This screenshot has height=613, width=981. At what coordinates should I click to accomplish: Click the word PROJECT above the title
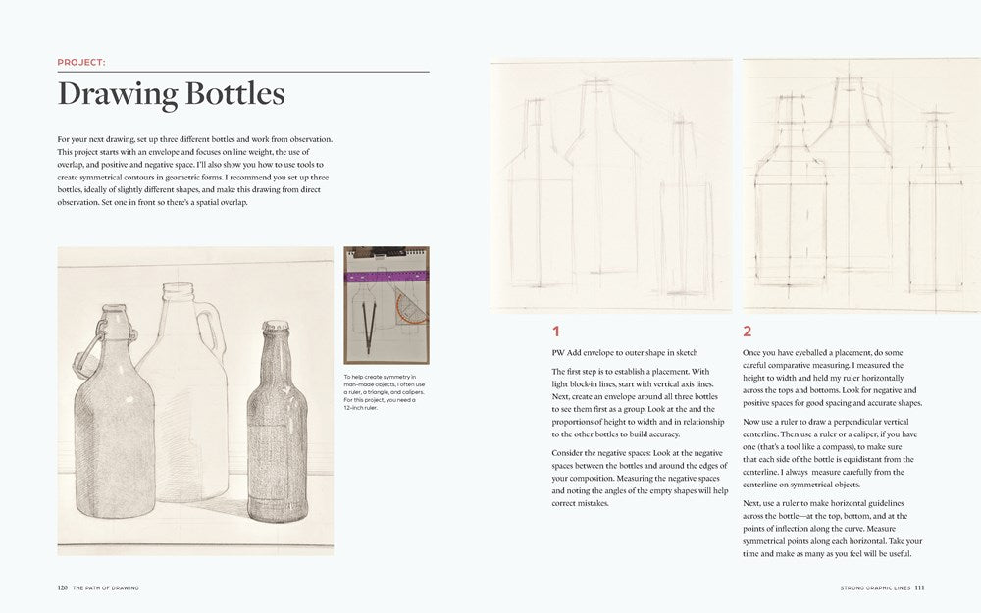[81, 62]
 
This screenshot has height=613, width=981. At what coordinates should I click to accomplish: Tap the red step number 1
[555, 332]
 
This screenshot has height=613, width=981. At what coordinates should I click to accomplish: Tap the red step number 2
[748, 332]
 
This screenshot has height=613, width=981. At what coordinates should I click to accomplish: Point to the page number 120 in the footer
[62, 588]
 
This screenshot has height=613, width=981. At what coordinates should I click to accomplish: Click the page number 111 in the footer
[919, 588]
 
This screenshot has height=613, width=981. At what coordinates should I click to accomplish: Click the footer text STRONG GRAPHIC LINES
[875, 588]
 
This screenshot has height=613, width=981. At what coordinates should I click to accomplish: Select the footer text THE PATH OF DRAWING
[105, 588]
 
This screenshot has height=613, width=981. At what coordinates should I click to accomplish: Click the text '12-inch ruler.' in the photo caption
[361, 407]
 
